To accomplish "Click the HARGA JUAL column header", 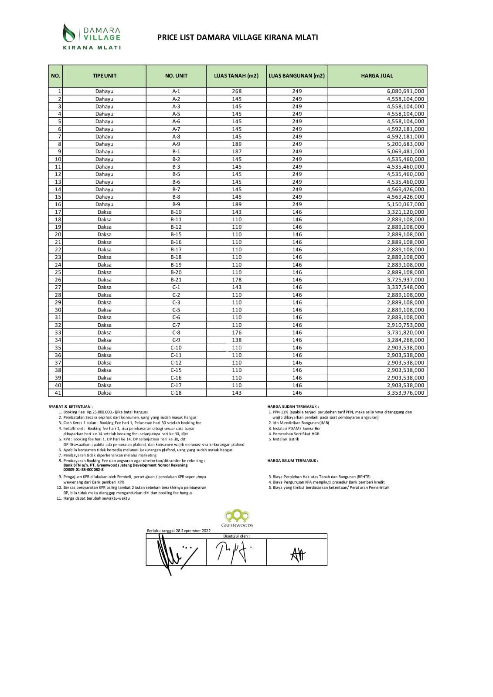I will coord(377,76).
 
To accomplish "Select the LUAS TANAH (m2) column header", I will coord(236,76).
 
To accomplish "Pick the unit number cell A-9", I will coord(176,144).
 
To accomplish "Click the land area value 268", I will coord(237,91).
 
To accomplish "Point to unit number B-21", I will coord(176,280).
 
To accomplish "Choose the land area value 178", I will coord(237,280).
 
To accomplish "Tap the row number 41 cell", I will coord(58,393).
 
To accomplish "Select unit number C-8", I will coord(176,332).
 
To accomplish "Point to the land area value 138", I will coord(237,340).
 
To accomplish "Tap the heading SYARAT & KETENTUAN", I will coord(71,406).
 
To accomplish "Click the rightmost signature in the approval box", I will coord(298,554).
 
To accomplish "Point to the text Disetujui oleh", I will coord(236,536).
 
